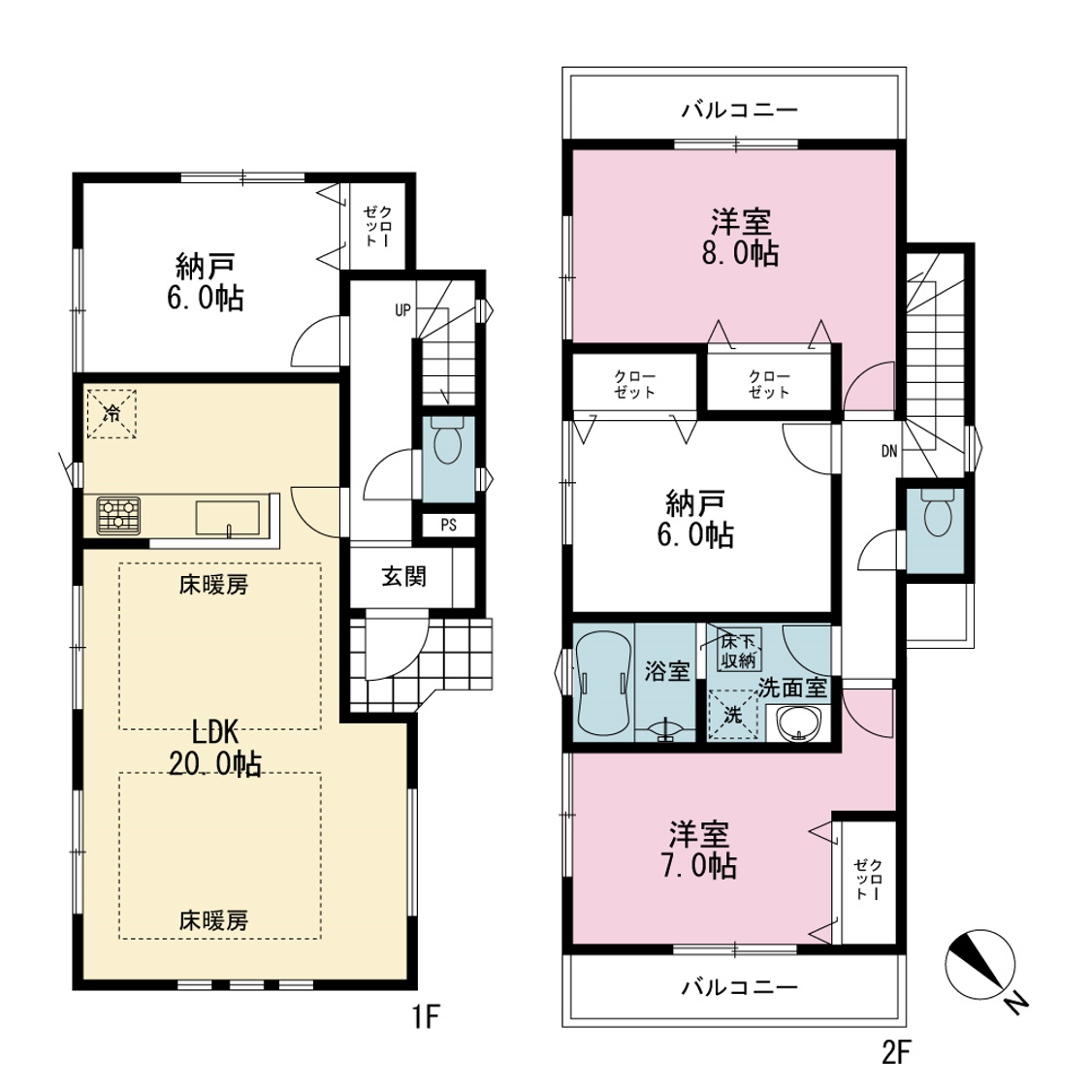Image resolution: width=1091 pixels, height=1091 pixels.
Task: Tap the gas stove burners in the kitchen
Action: point(118,515)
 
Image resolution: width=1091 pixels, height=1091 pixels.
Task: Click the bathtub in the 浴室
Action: point(603,684)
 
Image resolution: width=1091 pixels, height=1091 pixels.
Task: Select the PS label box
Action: point(449,525)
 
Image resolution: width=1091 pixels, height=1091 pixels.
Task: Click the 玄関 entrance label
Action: point(403,577)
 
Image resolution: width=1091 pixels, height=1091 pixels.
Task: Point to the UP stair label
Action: point(402,310)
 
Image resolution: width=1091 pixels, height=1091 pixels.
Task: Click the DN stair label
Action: point(889,451)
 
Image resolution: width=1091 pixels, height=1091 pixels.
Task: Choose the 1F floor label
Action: point(426,1016)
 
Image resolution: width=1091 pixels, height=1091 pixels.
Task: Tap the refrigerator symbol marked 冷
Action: point(112,413)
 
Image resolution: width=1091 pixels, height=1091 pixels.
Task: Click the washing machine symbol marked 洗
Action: point(733,715)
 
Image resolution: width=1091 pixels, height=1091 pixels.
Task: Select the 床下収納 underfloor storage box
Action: point(739,650)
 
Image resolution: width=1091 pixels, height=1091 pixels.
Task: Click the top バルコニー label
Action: point(740,110)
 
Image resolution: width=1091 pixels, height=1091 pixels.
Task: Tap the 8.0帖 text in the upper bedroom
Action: point(740,253)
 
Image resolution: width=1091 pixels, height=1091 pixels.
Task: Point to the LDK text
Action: point(215,732)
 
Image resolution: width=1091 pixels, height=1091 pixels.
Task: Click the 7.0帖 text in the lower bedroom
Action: point(699,866)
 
